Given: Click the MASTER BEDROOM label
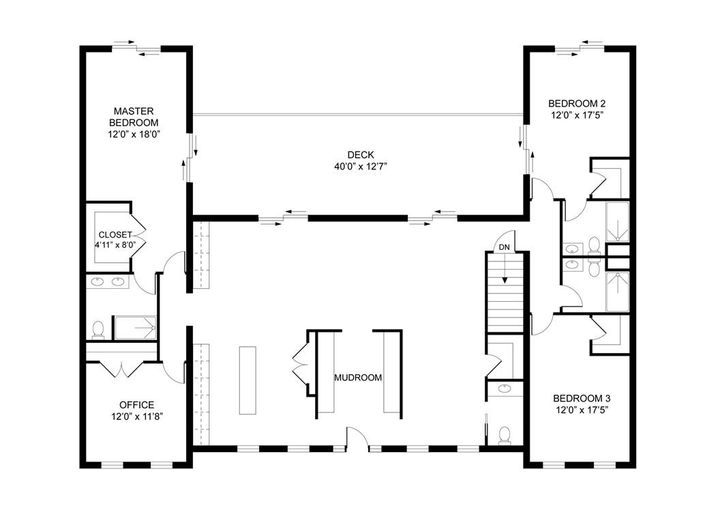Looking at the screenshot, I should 134,116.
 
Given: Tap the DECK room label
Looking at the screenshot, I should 359,155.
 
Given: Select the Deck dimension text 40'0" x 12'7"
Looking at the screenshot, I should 359,166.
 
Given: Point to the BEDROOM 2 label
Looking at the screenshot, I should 577,104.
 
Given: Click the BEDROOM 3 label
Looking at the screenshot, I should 580,398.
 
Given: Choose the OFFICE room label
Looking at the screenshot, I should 136,404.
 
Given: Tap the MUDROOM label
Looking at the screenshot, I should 357,378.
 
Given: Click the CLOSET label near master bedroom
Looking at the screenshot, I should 115,234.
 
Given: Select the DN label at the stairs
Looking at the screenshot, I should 504,246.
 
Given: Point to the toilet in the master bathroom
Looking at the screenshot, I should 98,330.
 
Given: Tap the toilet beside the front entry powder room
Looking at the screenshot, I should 505,435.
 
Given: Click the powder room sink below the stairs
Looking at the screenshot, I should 505,389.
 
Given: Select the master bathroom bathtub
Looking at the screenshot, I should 135,328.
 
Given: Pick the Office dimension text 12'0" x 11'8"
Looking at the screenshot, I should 136,415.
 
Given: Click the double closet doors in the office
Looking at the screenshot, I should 120,369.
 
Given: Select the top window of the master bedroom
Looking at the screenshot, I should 136,48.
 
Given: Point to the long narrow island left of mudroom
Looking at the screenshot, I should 247,380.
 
